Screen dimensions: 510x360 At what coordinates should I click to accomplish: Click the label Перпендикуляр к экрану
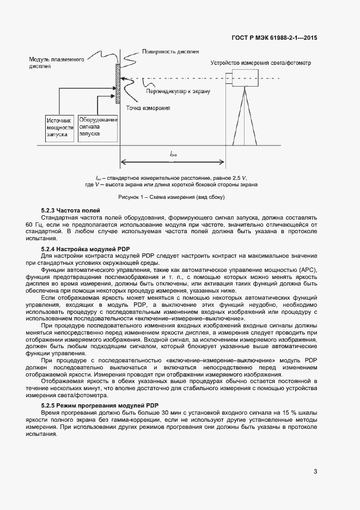click(x=178, y=92)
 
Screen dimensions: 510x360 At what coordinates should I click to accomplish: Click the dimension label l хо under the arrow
click(x=173, y=154)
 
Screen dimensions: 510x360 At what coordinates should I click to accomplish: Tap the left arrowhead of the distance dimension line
click(x=123, y=161)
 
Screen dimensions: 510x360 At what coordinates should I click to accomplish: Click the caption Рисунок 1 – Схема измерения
click(x=172, y=197)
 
